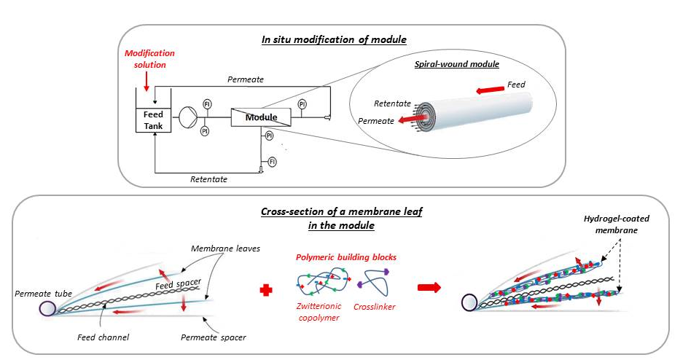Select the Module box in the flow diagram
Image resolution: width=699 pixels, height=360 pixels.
click(x=260, y=117)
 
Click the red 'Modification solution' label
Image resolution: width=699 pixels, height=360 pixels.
click(x=149, y=59)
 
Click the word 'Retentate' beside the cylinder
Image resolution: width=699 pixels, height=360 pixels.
click(x=392, y=104)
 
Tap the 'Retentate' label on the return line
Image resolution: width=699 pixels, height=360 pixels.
click(x=208, y=179)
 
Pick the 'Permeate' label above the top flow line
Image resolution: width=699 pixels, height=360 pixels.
click(x=246, y=79)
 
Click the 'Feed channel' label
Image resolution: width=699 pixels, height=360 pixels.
click(x=98, y=337)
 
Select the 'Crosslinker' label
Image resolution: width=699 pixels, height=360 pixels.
click(x=374, y=307)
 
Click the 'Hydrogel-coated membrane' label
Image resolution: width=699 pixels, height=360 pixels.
click(x=612, y=223)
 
